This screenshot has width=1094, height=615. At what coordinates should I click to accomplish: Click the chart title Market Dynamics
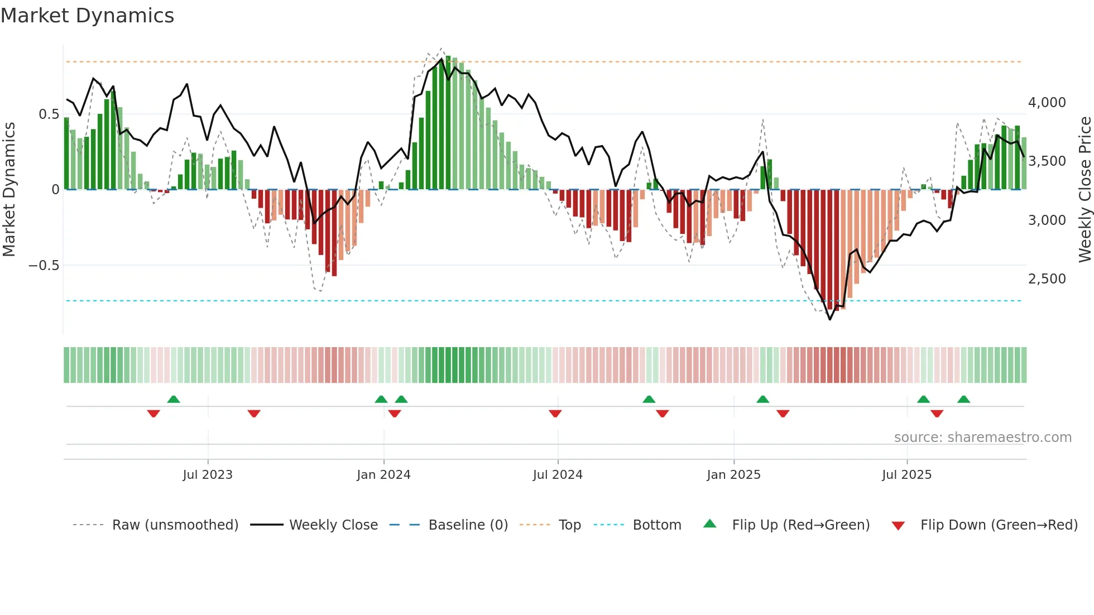pos(88,16)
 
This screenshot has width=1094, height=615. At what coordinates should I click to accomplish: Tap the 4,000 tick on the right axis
pos(1047,103)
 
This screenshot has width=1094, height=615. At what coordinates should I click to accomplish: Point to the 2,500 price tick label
pos(1047,279)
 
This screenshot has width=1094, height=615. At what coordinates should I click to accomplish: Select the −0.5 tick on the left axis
pos(44,266)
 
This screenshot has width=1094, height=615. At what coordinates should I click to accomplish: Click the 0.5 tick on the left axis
pos(49,114)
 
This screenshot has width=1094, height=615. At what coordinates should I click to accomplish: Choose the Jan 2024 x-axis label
pos(383,475)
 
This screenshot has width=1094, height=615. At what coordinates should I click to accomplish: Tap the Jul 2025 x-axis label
pos(906,475)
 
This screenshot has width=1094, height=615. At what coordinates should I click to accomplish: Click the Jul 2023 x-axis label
pos(208,475)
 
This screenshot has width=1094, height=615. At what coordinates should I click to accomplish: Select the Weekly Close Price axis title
pos(1085,190)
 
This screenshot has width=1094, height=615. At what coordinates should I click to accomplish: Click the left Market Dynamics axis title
pos(9,190)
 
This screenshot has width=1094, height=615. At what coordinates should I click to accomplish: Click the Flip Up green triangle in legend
pos(709,524)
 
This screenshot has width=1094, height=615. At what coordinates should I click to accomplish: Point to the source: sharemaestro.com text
pos(982,438)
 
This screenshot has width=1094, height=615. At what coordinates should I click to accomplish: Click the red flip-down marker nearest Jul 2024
pos(555,414)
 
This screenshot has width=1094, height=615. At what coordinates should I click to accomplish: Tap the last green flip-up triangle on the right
pos(963,399)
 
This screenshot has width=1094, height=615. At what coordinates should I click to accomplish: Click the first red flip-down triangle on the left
pos(153,414)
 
